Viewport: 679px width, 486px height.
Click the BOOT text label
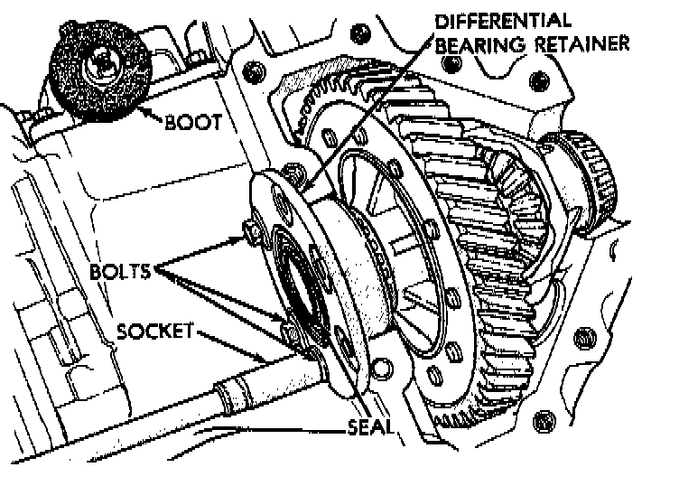(193, 122)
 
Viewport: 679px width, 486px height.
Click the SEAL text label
(371, 425)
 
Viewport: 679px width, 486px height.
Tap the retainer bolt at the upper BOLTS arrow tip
(248, 237)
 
